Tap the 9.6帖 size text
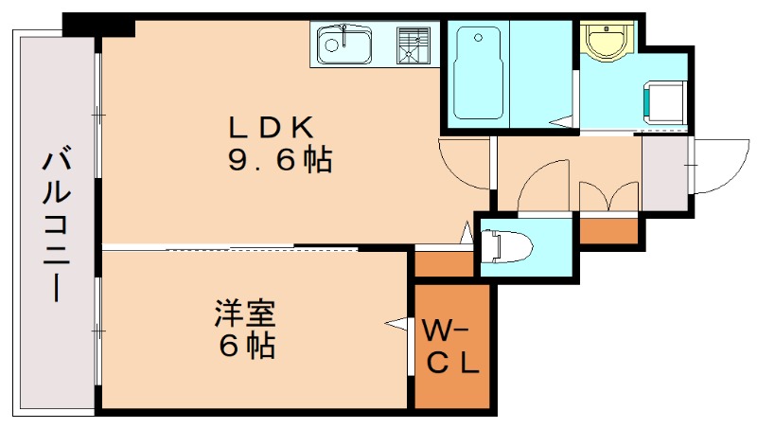(278, 161)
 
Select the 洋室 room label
(245, 312)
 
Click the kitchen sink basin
(344, 44)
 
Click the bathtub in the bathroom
(477, 72)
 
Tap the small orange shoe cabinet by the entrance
(608, 229)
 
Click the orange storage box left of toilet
(444, 262)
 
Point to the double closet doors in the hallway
(608, 195)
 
